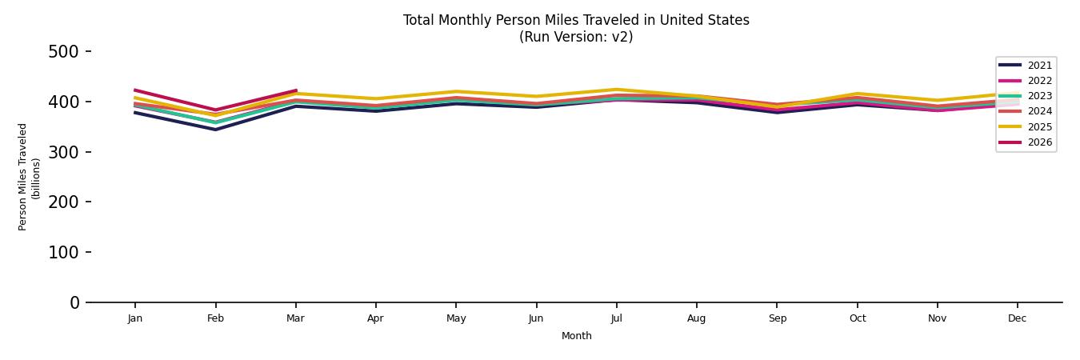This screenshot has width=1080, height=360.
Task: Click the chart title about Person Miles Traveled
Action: pos(576,21)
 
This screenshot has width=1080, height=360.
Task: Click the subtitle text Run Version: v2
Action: pos(576,37)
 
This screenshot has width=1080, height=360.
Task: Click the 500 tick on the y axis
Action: pos(64,52)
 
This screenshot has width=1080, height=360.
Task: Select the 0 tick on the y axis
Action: pos(74,302)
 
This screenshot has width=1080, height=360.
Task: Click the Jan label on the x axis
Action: pos(135,318)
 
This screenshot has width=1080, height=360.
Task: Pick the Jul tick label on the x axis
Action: pos(616,318)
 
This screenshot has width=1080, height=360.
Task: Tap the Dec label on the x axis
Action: pos(1017,318)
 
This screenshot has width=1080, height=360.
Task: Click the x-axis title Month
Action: pos(576,336)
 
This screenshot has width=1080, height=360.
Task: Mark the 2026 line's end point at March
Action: pos(296,90)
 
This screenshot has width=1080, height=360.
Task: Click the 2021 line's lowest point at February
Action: pos(215,130)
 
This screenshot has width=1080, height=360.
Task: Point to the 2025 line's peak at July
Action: pos(616,90)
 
